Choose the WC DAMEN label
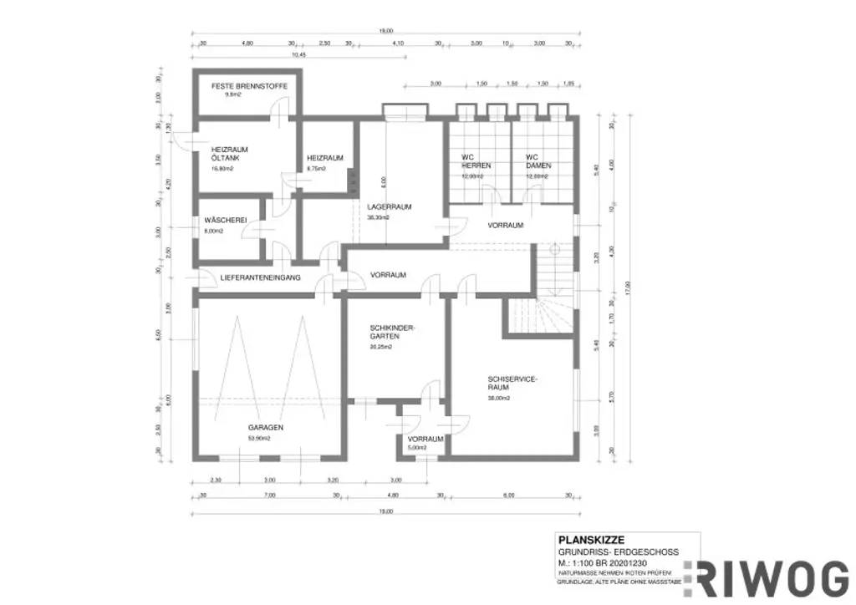click(537, 161)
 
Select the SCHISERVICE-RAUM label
click(513, 383)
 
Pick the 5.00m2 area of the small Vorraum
click(417, 448)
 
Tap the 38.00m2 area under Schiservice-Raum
click(499, 398)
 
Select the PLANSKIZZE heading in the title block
click(590, 539)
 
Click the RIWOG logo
click(767, 577)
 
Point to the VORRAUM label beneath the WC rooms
click(506, 226)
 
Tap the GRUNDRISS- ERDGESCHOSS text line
click(618, 552)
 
